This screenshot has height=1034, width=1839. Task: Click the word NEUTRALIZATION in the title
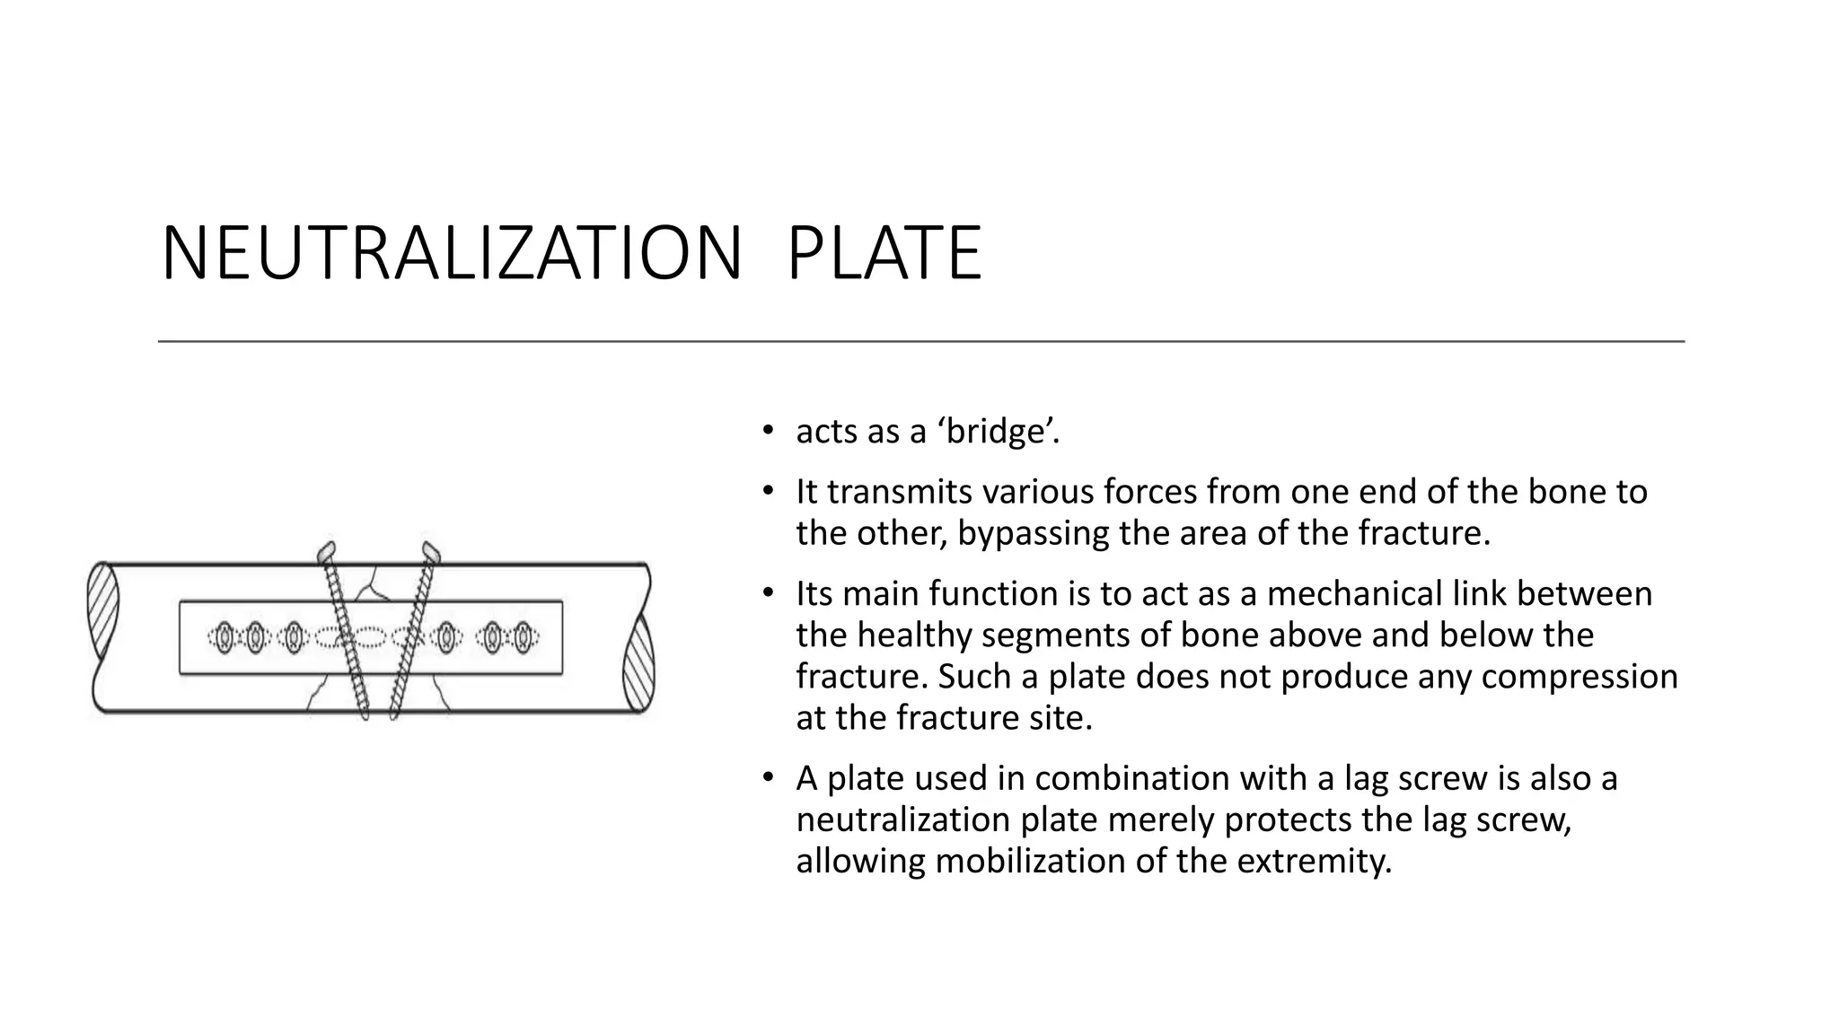click(452, 254)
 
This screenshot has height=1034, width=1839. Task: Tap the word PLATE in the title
click(884, 254)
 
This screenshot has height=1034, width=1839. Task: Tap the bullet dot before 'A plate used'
click(767, 776)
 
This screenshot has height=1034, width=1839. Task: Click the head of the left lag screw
click(326, 551)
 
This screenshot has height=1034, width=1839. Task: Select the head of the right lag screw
click(431, 550)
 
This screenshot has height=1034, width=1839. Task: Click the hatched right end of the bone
click(638, 664)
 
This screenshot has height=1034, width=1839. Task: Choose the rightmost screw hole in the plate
click(522, 637)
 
